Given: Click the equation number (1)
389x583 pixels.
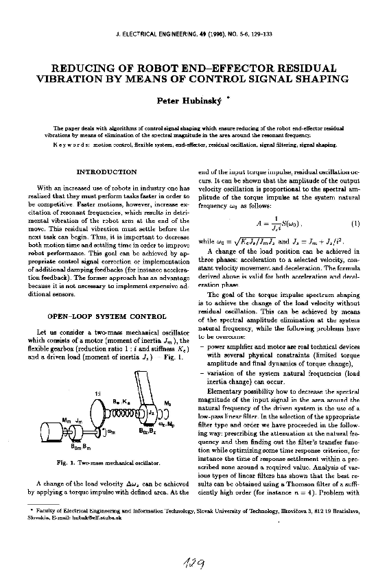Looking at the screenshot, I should [x=355, y=223].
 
